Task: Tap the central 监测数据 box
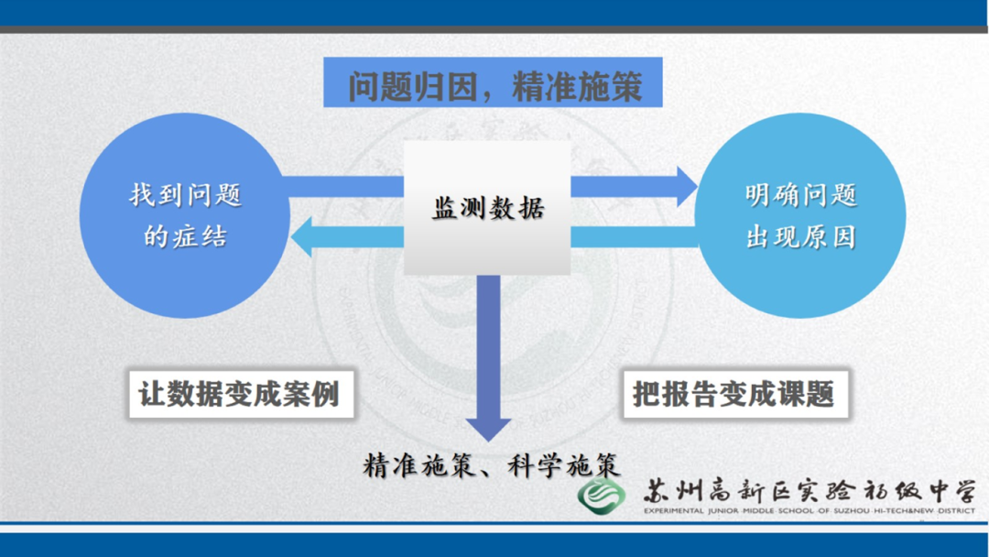[x=487, y=208]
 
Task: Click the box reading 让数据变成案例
[x=240, y=395]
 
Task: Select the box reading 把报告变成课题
[x=734, y=395]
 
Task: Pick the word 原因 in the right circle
[x=837, y=236]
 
